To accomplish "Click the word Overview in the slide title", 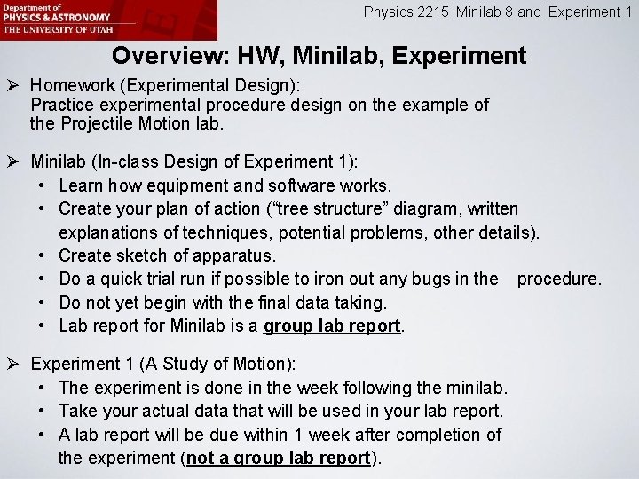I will [x=169, y=57].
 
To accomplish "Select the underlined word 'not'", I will [x=201, y=458].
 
